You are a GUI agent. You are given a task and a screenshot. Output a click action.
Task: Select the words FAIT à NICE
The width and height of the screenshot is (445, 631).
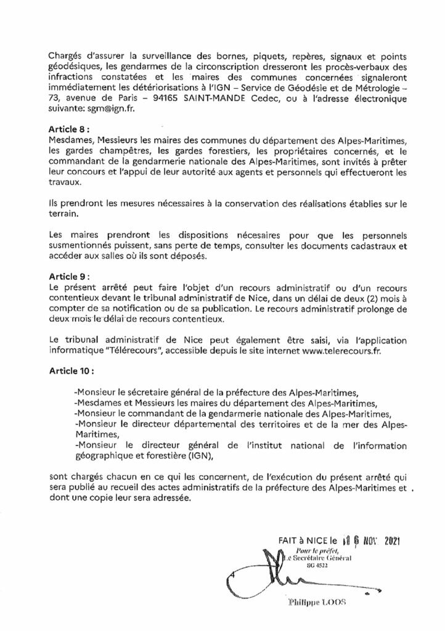pos(303,542)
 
